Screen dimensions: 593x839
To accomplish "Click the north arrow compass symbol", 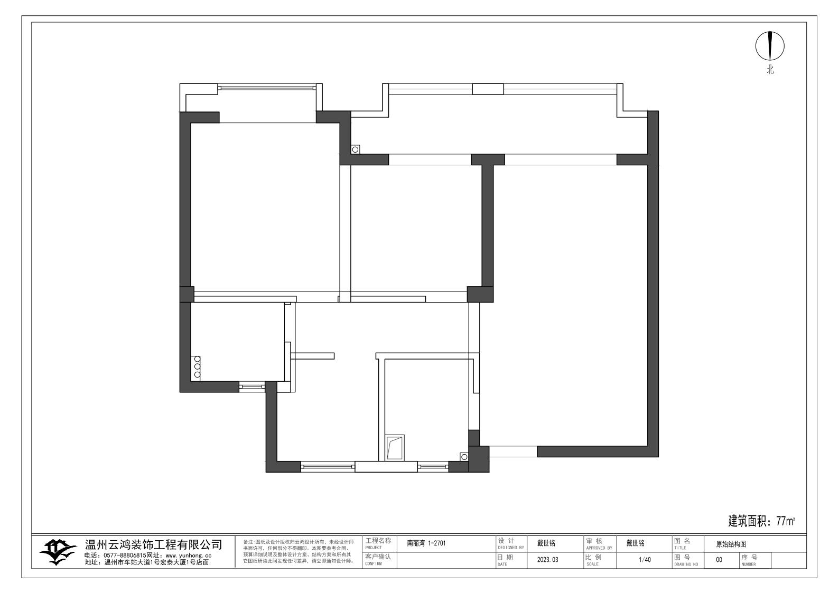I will click(x=770, y=46).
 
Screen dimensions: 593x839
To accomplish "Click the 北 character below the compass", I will click(x=770, y=69).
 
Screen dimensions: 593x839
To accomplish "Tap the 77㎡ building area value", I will click(x=785, y=522).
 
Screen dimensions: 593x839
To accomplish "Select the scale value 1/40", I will click(x=645, y=560).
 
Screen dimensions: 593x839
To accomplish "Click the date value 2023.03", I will click(x=547, y=560).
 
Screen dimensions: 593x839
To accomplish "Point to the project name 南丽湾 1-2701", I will click(x=426, y=543).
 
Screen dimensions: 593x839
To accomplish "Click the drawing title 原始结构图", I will click(x=731, y=544).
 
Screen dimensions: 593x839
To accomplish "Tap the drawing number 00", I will click(x=719, y=560).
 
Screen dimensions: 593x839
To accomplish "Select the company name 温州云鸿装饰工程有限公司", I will click(x=154, y=544).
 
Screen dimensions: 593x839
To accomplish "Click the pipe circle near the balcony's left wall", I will click(x=355, y=149).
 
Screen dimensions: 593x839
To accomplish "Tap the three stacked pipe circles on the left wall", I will click(x=197, y=366).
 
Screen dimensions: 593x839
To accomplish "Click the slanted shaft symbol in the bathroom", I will click(x=395, y=447).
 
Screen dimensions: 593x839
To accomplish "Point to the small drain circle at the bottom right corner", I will click(x=464, y=456).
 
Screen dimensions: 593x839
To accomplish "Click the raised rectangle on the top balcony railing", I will click(x=488, y=89).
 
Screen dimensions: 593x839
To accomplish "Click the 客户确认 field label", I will click(x=378, y=558).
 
